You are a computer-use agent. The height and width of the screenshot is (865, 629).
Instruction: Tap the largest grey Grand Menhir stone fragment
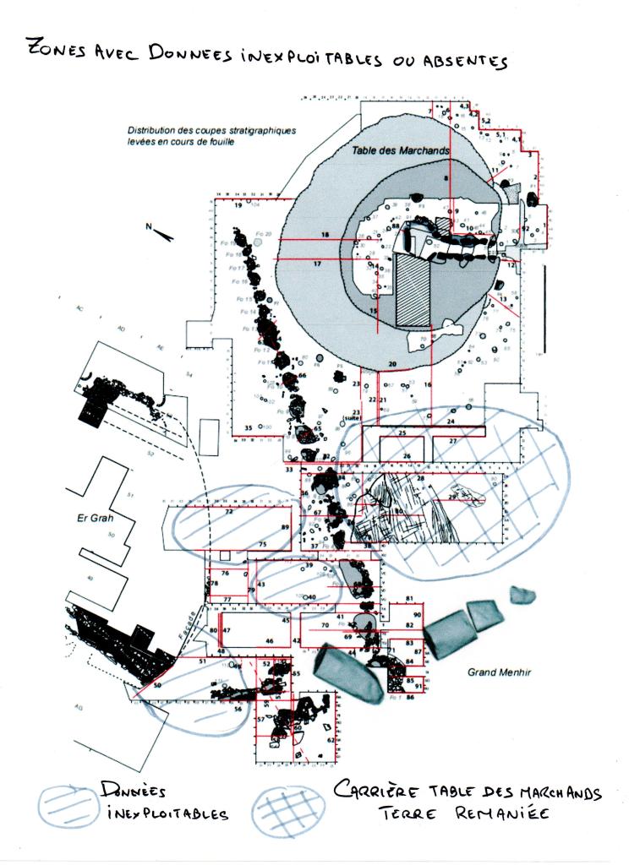pyautogui.click(x=349, y=672)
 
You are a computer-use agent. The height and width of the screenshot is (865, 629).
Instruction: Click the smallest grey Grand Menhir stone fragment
pyautogui.click(x=522, y=596)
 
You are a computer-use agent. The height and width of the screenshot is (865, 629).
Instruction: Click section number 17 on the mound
pyautogui.click(x=318, y=264)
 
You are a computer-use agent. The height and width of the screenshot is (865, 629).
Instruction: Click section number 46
pyautogui.click(x=269, y=642)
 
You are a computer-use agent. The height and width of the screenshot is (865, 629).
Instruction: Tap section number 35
pyautogui.click(x=248, y=428)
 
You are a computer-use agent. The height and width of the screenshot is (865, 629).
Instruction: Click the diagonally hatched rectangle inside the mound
pyautogui.click(x=413, y=291)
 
